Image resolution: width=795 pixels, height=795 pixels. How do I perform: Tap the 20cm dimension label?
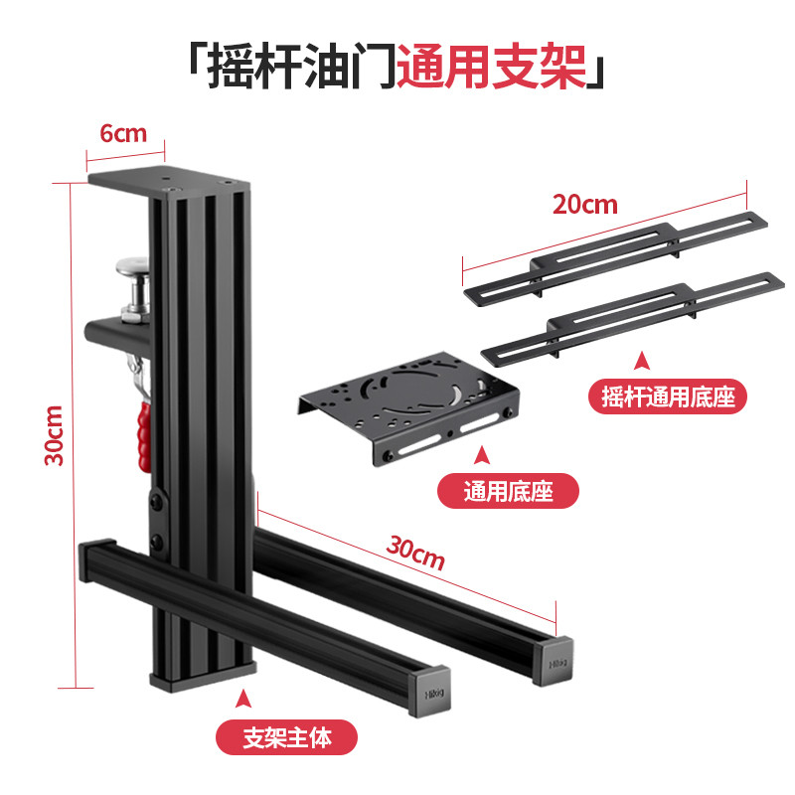(585, 205)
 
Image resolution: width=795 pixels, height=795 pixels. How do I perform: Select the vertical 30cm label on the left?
(55, 435)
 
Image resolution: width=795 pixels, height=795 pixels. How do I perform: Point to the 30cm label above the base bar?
(414, 553)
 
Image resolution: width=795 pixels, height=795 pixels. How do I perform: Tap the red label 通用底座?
(508, 490)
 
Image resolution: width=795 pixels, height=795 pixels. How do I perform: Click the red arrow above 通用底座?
(483, 455)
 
